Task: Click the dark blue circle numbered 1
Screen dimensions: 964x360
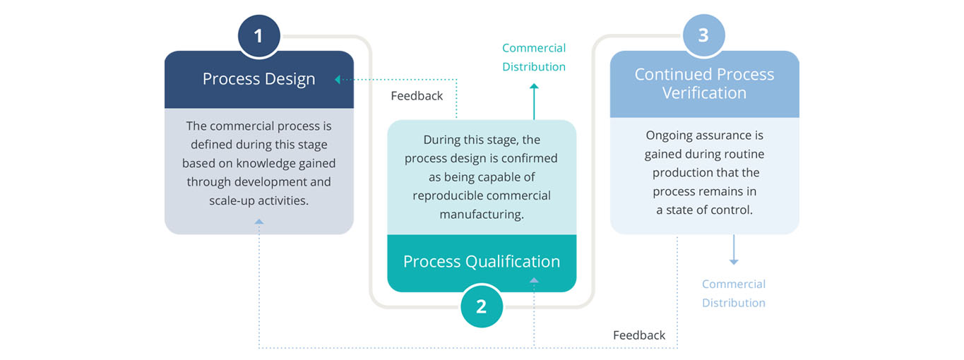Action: pos(258,36)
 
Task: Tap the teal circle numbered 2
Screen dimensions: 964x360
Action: pos(482,306)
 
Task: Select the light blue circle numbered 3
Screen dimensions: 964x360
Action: pos(703,35)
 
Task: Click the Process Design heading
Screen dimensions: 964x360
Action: pos(258,79)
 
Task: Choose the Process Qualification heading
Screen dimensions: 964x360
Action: pos(482,261)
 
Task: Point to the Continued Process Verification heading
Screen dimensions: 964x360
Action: pos(704,83)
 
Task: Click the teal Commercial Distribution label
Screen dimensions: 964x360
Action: pos(534,57)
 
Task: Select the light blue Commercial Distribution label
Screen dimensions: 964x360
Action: pos(734,294)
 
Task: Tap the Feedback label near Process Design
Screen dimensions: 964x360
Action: pos(417,95)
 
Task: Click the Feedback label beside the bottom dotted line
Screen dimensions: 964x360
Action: pos(639,335)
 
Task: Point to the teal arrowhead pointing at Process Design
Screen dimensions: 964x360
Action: pos(338,80)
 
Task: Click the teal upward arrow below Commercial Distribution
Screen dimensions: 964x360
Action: pos(534,102)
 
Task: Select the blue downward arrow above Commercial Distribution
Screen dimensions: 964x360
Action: pos(734,249)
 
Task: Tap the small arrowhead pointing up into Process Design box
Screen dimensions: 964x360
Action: pos(258,222)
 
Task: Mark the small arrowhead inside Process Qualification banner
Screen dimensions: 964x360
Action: pos(534,280)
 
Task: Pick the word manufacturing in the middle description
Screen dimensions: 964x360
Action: pos(482,214)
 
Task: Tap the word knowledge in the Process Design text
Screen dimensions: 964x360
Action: pos(259,164)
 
